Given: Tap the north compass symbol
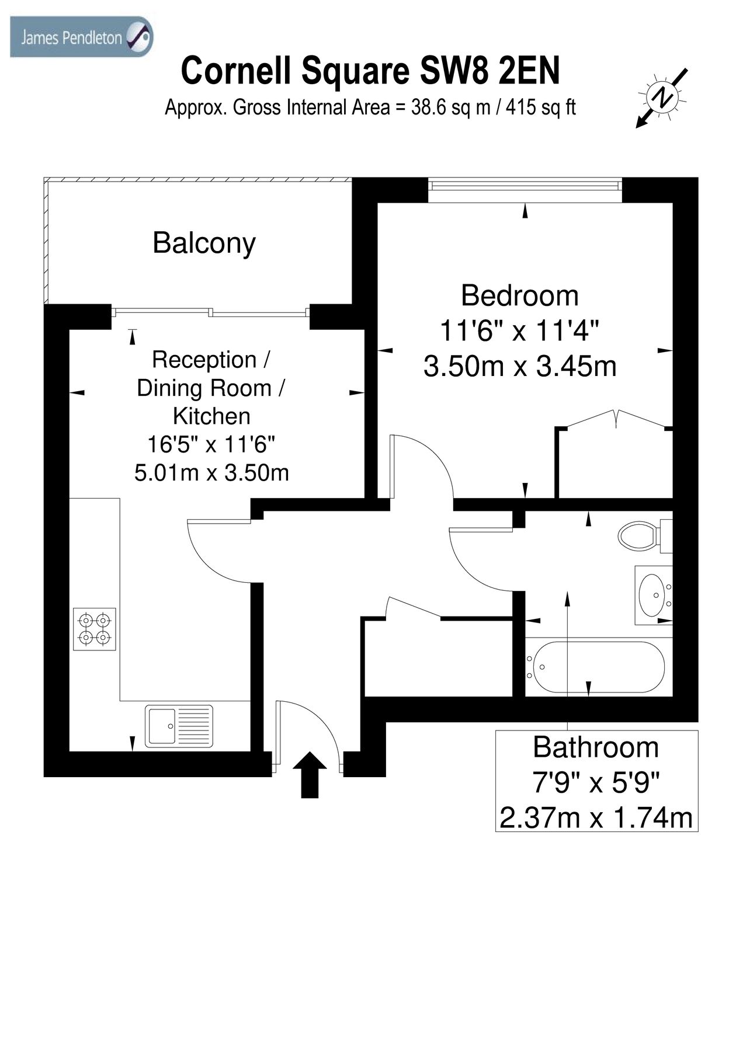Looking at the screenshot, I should coord(662,97).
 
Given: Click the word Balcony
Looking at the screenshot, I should coord(204,243).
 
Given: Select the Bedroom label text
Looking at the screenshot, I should coord(519,295).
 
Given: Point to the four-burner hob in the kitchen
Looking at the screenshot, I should coord(95,629).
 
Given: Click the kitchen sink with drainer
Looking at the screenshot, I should coord(179,726).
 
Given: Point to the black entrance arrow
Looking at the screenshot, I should coord(310,774).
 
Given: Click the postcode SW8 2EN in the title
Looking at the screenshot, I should coord(489,71).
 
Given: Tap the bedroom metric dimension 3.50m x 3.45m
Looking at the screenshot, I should coord(519,367).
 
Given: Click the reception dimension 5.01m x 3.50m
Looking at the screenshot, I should coord(211,472).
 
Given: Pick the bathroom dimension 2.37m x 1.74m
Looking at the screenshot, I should coord(596,817).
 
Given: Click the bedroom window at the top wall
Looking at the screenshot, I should coord(524,185).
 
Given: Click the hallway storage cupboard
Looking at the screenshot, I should coord(438,657).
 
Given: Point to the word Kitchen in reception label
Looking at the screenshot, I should coord(211,416).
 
